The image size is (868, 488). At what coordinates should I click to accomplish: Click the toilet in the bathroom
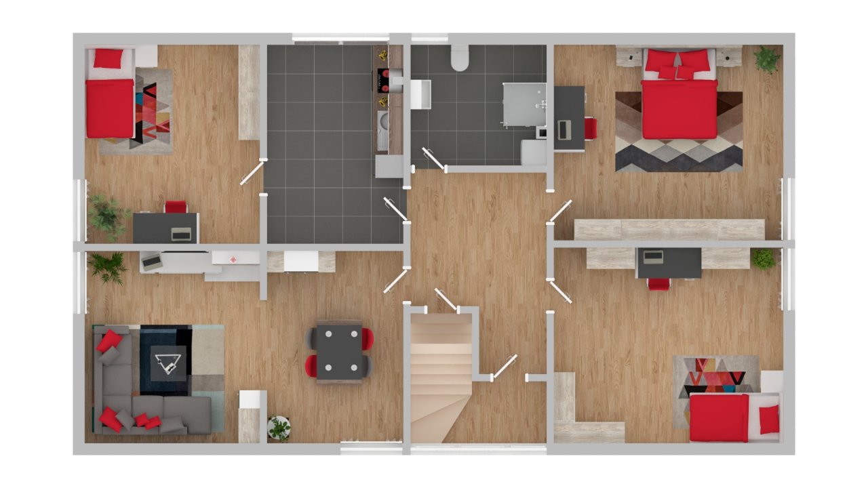tap(460, 58)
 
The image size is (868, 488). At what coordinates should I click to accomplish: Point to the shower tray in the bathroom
tap(524, 104)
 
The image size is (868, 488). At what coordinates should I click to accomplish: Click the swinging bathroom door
tap(432, 157)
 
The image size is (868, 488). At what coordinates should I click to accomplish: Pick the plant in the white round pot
tap(279, 427)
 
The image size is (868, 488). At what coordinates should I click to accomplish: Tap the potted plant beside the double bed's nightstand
tap(767, 58)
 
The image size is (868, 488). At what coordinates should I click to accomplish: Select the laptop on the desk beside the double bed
tap(564, 128)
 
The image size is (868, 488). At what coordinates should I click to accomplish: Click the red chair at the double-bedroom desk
tap(590, 128)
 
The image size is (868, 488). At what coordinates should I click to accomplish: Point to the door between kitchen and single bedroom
tap(252, 173)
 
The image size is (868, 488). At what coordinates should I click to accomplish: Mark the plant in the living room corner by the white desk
tap(108, 267)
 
